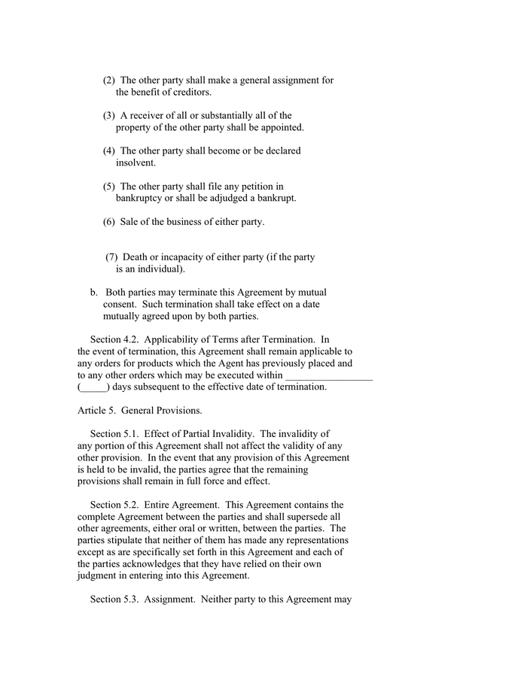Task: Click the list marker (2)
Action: (109, 80)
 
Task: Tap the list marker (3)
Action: (109, 116)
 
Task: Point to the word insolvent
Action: (136, 163)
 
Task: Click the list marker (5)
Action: (109, 187)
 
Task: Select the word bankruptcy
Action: (142, 199)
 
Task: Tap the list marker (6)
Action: (109, 222)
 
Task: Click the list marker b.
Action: (94, 293)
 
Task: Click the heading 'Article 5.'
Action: (96, 411)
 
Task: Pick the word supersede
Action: (309, 517)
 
